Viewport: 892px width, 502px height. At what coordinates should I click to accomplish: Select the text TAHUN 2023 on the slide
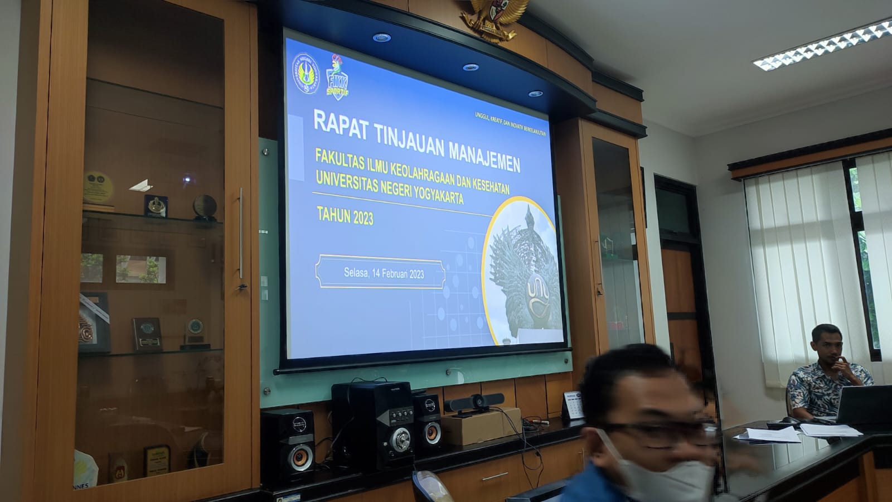pyautogui.click(x=345, y=215)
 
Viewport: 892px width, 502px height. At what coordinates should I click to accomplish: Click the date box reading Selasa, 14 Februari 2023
pyautogui.click(x=380, y=273)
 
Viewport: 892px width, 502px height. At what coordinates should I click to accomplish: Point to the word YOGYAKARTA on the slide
pyautogui.click(x=438, y=194)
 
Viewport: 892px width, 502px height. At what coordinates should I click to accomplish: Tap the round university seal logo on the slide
pyautogui.click(x=306, y=74)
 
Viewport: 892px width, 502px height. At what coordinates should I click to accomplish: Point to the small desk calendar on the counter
pyautogui.click(x=572, y=404)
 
